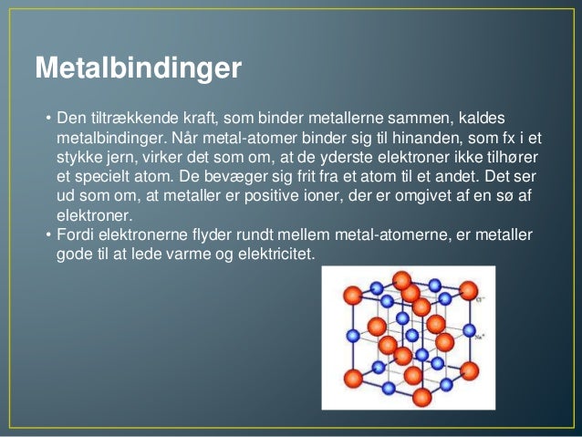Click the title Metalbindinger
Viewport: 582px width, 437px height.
coord(138,68)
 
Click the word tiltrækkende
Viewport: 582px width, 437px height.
coord(130,120)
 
